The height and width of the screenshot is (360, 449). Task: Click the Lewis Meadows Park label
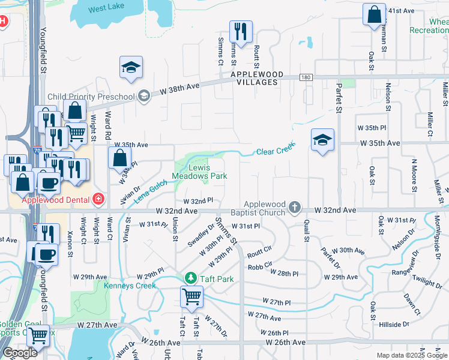pyautogui.click(x=200, y=172)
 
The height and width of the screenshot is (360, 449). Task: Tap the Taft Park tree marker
pyautogui.click(x=191, y=278)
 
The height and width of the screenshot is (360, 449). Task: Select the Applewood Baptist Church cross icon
pyautogui.click(x=294, y=207)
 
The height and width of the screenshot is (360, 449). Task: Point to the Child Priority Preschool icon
pyautogui.click(x=143, y=96)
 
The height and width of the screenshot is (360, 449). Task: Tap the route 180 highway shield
pyautogui.click(x=306, y=77)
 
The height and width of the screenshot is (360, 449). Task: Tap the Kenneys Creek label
pyautogui.click(x=130, y=286)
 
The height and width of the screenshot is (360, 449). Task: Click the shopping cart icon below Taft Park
pyautogui.click(x=191, y=296)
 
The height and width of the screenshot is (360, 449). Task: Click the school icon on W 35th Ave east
pyautogui.click(x=322, y=140)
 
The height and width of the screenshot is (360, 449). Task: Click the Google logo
pyautogui.click(x=20, y=353)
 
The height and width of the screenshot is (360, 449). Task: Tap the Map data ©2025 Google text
pyautogui.click(x=411, y=355)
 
